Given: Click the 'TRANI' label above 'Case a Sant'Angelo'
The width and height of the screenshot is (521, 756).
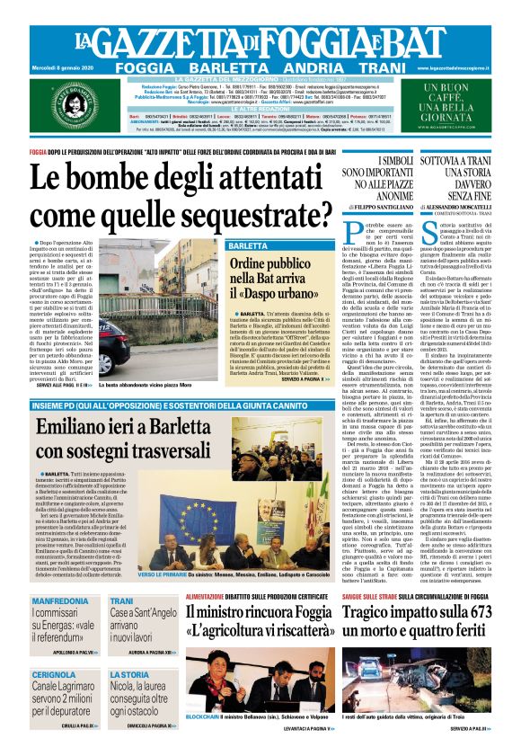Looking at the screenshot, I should tap(121, 600).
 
